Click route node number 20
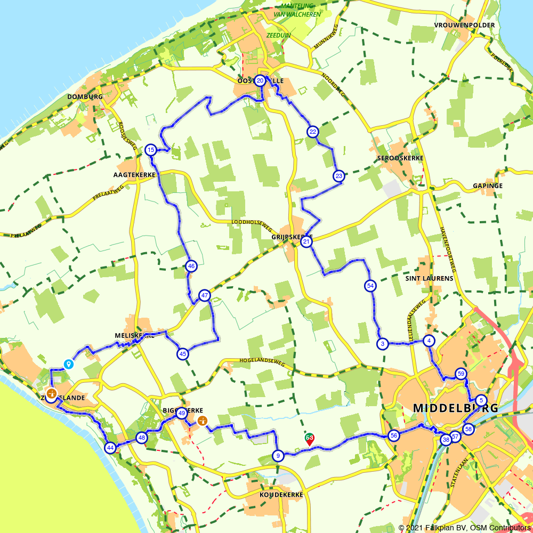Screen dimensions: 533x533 [260, 81]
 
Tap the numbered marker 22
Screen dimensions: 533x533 [313, 132]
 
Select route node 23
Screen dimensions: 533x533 [338, 176]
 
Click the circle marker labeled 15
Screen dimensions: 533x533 [151, 150]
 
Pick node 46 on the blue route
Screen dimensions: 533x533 [192, 266]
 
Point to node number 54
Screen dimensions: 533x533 [370, 286]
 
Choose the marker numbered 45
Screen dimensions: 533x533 [183, 353]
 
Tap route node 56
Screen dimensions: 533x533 [394, 435]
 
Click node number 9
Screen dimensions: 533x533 [278, 456]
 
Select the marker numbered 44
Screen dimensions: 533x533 [110, 448]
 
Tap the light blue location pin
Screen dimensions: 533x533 [68, 364]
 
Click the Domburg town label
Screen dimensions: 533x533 [85, 97]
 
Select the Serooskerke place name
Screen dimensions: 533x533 [400, 159]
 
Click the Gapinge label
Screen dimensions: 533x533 [487, 186]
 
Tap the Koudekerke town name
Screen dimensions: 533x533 [281, 495]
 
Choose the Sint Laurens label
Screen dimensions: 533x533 [429, 278]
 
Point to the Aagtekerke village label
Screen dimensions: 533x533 [134, 175]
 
